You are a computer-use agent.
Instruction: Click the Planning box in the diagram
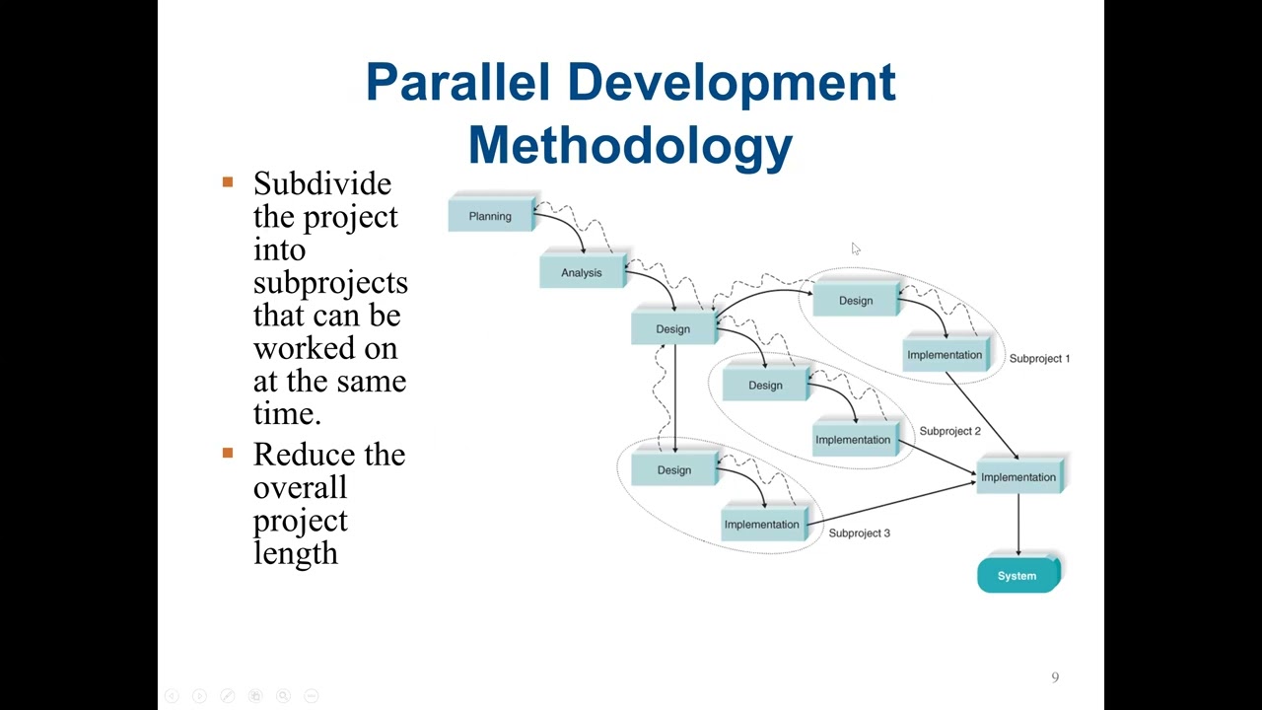(x=490, y=216)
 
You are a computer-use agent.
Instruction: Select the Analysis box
(x=582, y=273)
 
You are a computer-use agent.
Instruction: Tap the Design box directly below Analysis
(x=673, y=329)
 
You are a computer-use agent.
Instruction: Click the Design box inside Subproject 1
(x=856, y=301)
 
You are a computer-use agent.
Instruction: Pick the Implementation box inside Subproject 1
(x=945, y=355)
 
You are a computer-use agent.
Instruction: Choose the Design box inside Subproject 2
(x=765, y=386)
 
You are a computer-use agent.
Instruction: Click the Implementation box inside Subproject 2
(x=853, y=440)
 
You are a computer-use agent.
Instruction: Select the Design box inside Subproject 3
(x=674, y=470)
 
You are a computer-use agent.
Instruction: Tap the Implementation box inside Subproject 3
(x=762, y=525)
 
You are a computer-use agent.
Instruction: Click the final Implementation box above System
(x=1018, y=477)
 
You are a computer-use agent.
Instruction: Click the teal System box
(x=1017, y=576)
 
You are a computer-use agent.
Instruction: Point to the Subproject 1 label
(x=1039, y=359)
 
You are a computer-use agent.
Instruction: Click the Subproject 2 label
(x=949, y=431)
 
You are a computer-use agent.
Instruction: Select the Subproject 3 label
(x=859, y=533)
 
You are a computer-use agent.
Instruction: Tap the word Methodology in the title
(x=630, y=146)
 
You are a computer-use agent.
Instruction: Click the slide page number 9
(x=1055, y=677)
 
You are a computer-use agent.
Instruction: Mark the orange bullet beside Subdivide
(x=228, y=182)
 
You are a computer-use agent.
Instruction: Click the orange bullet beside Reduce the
(x=228, y=454)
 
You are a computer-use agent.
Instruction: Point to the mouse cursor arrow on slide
(x=855, y=248)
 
